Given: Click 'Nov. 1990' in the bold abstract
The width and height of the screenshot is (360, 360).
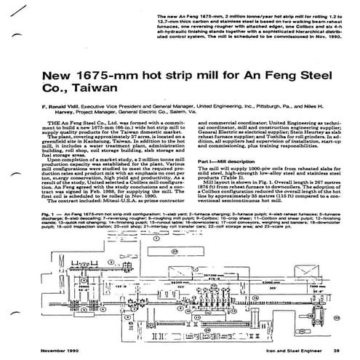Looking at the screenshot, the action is (324, 39).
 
